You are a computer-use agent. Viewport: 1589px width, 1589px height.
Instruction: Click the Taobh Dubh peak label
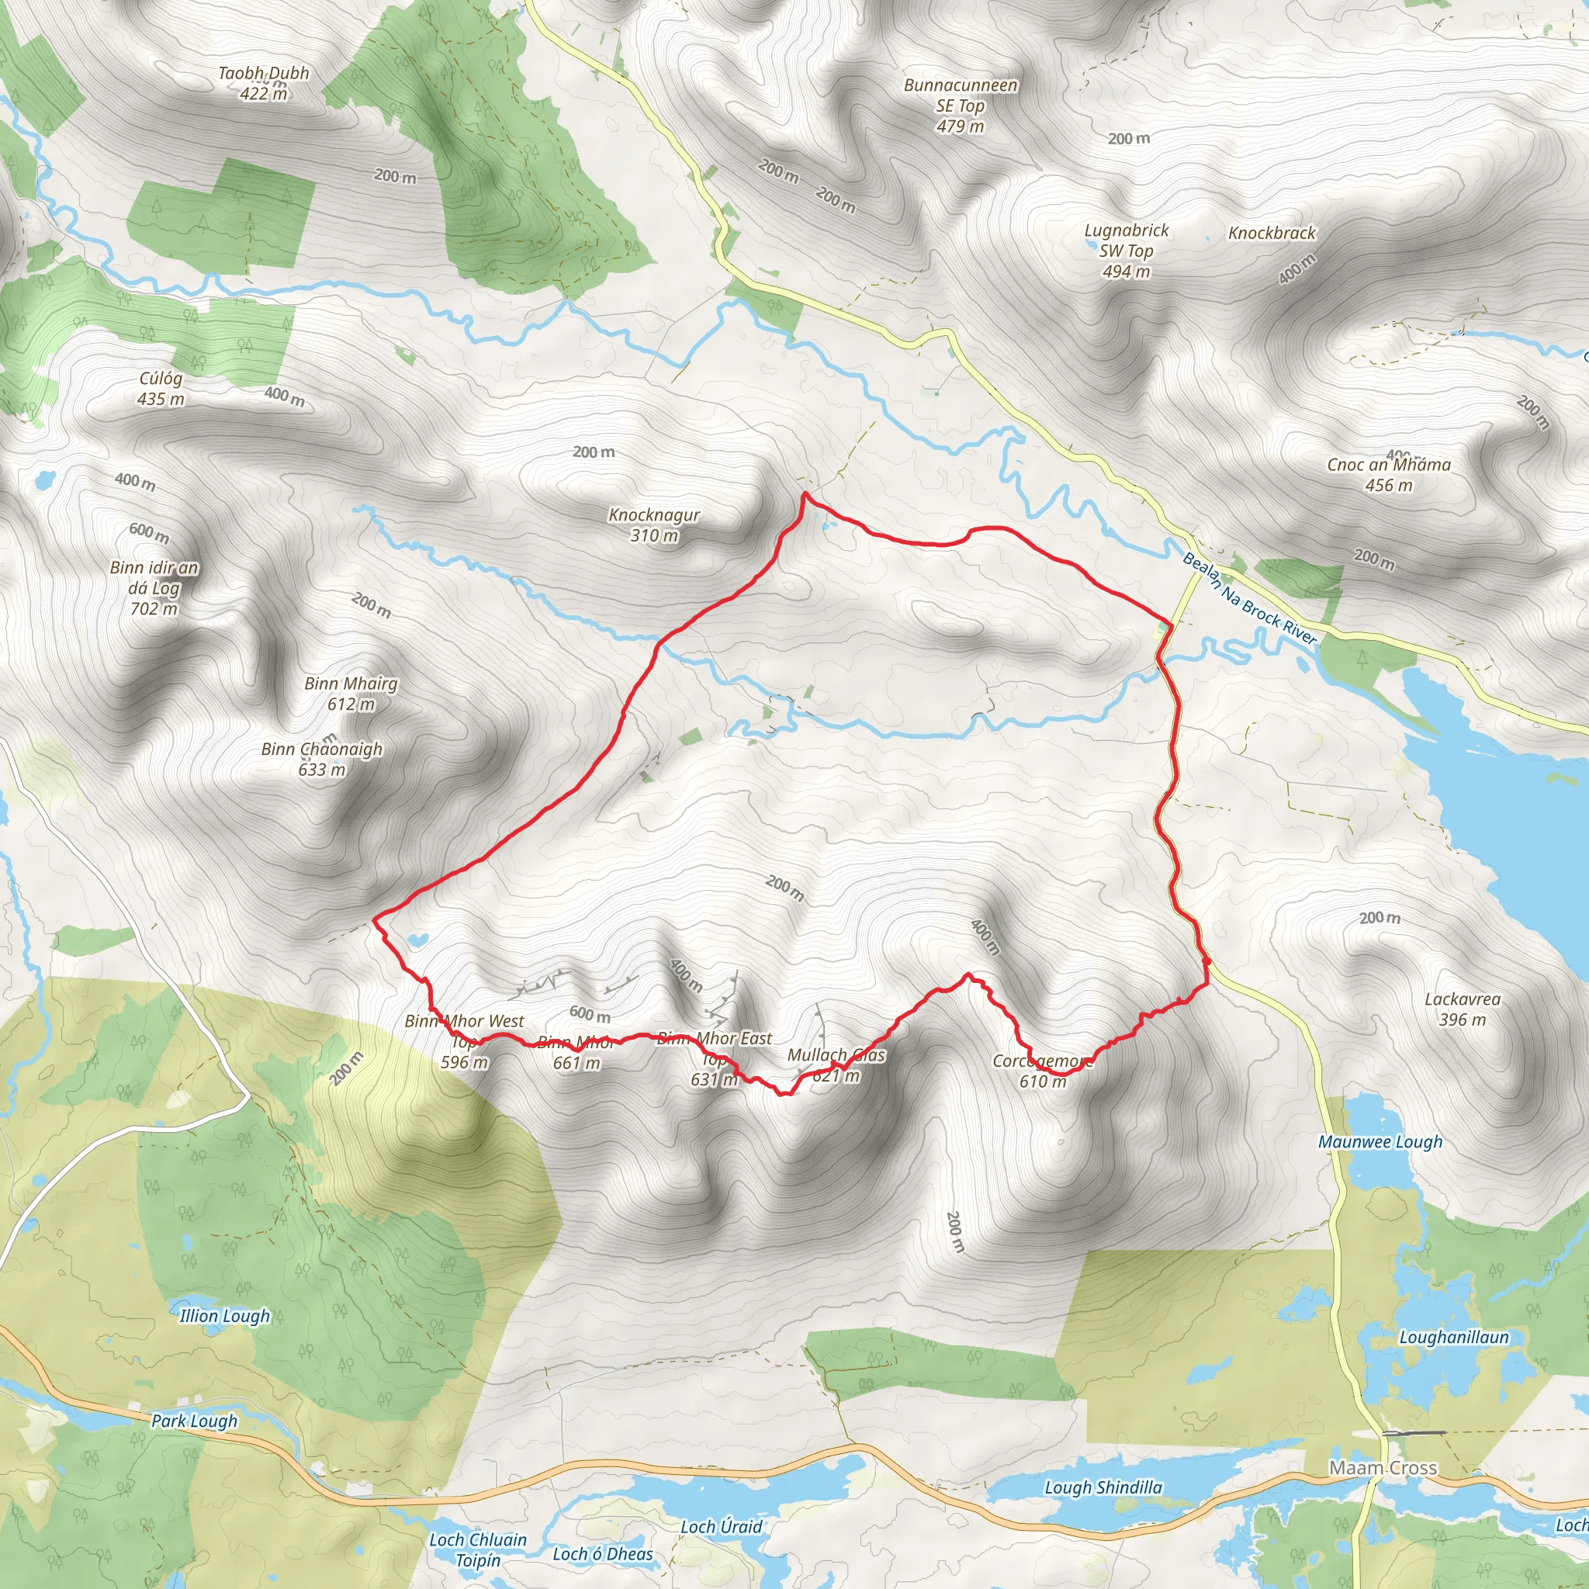(263, 83)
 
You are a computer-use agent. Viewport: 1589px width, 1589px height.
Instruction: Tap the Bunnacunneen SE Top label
(960, 106)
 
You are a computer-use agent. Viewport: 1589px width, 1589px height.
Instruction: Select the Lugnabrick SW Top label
(1126, 251)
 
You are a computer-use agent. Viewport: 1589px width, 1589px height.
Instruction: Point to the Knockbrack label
(1272, 234)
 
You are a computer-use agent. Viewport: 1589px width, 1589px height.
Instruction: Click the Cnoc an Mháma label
(1388, 475)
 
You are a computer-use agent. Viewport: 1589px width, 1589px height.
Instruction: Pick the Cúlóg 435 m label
(161, 388)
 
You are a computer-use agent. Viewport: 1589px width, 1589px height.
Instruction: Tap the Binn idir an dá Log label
(154, 587)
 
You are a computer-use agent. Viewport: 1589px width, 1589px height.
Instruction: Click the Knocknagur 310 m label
(654, 524)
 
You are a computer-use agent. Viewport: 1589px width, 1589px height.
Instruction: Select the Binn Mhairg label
(351, 694)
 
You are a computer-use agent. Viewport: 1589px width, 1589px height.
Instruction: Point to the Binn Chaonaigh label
(321, 759)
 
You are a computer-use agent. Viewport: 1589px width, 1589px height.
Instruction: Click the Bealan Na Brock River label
(1249, 598)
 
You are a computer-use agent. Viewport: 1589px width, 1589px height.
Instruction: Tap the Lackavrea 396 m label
(1463, 1009)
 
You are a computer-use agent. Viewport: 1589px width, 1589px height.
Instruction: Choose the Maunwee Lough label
(1380, 1141)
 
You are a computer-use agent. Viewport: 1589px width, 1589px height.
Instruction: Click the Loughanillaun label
(1454, 1338)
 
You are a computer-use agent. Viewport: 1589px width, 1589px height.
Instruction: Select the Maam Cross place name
(1383, 1467)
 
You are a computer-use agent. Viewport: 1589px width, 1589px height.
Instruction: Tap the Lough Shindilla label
(1103, 1487)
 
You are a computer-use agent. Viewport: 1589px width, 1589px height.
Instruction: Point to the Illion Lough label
(224, 1316)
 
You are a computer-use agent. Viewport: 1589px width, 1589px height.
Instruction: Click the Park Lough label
(194, 1421)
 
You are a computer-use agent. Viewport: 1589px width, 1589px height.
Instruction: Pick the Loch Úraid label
(721, 1526)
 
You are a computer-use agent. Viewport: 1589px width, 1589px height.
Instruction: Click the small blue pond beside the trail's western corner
(417, 939)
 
